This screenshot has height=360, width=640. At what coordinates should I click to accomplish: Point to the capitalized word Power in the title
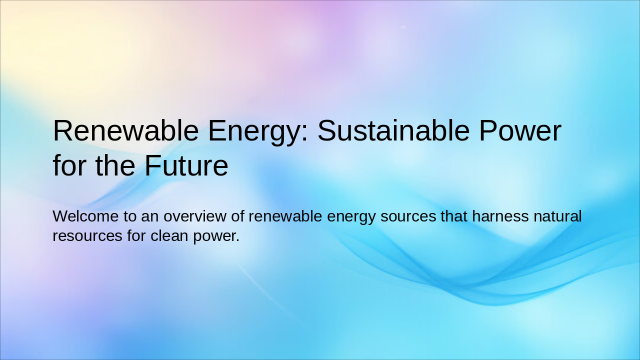coord(520,131)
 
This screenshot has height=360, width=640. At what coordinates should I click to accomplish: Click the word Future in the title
coord(186,166)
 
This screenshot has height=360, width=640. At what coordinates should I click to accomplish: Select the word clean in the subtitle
coord(170,235)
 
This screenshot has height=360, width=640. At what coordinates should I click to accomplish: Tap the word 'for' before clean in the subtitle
coord(136,235)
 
